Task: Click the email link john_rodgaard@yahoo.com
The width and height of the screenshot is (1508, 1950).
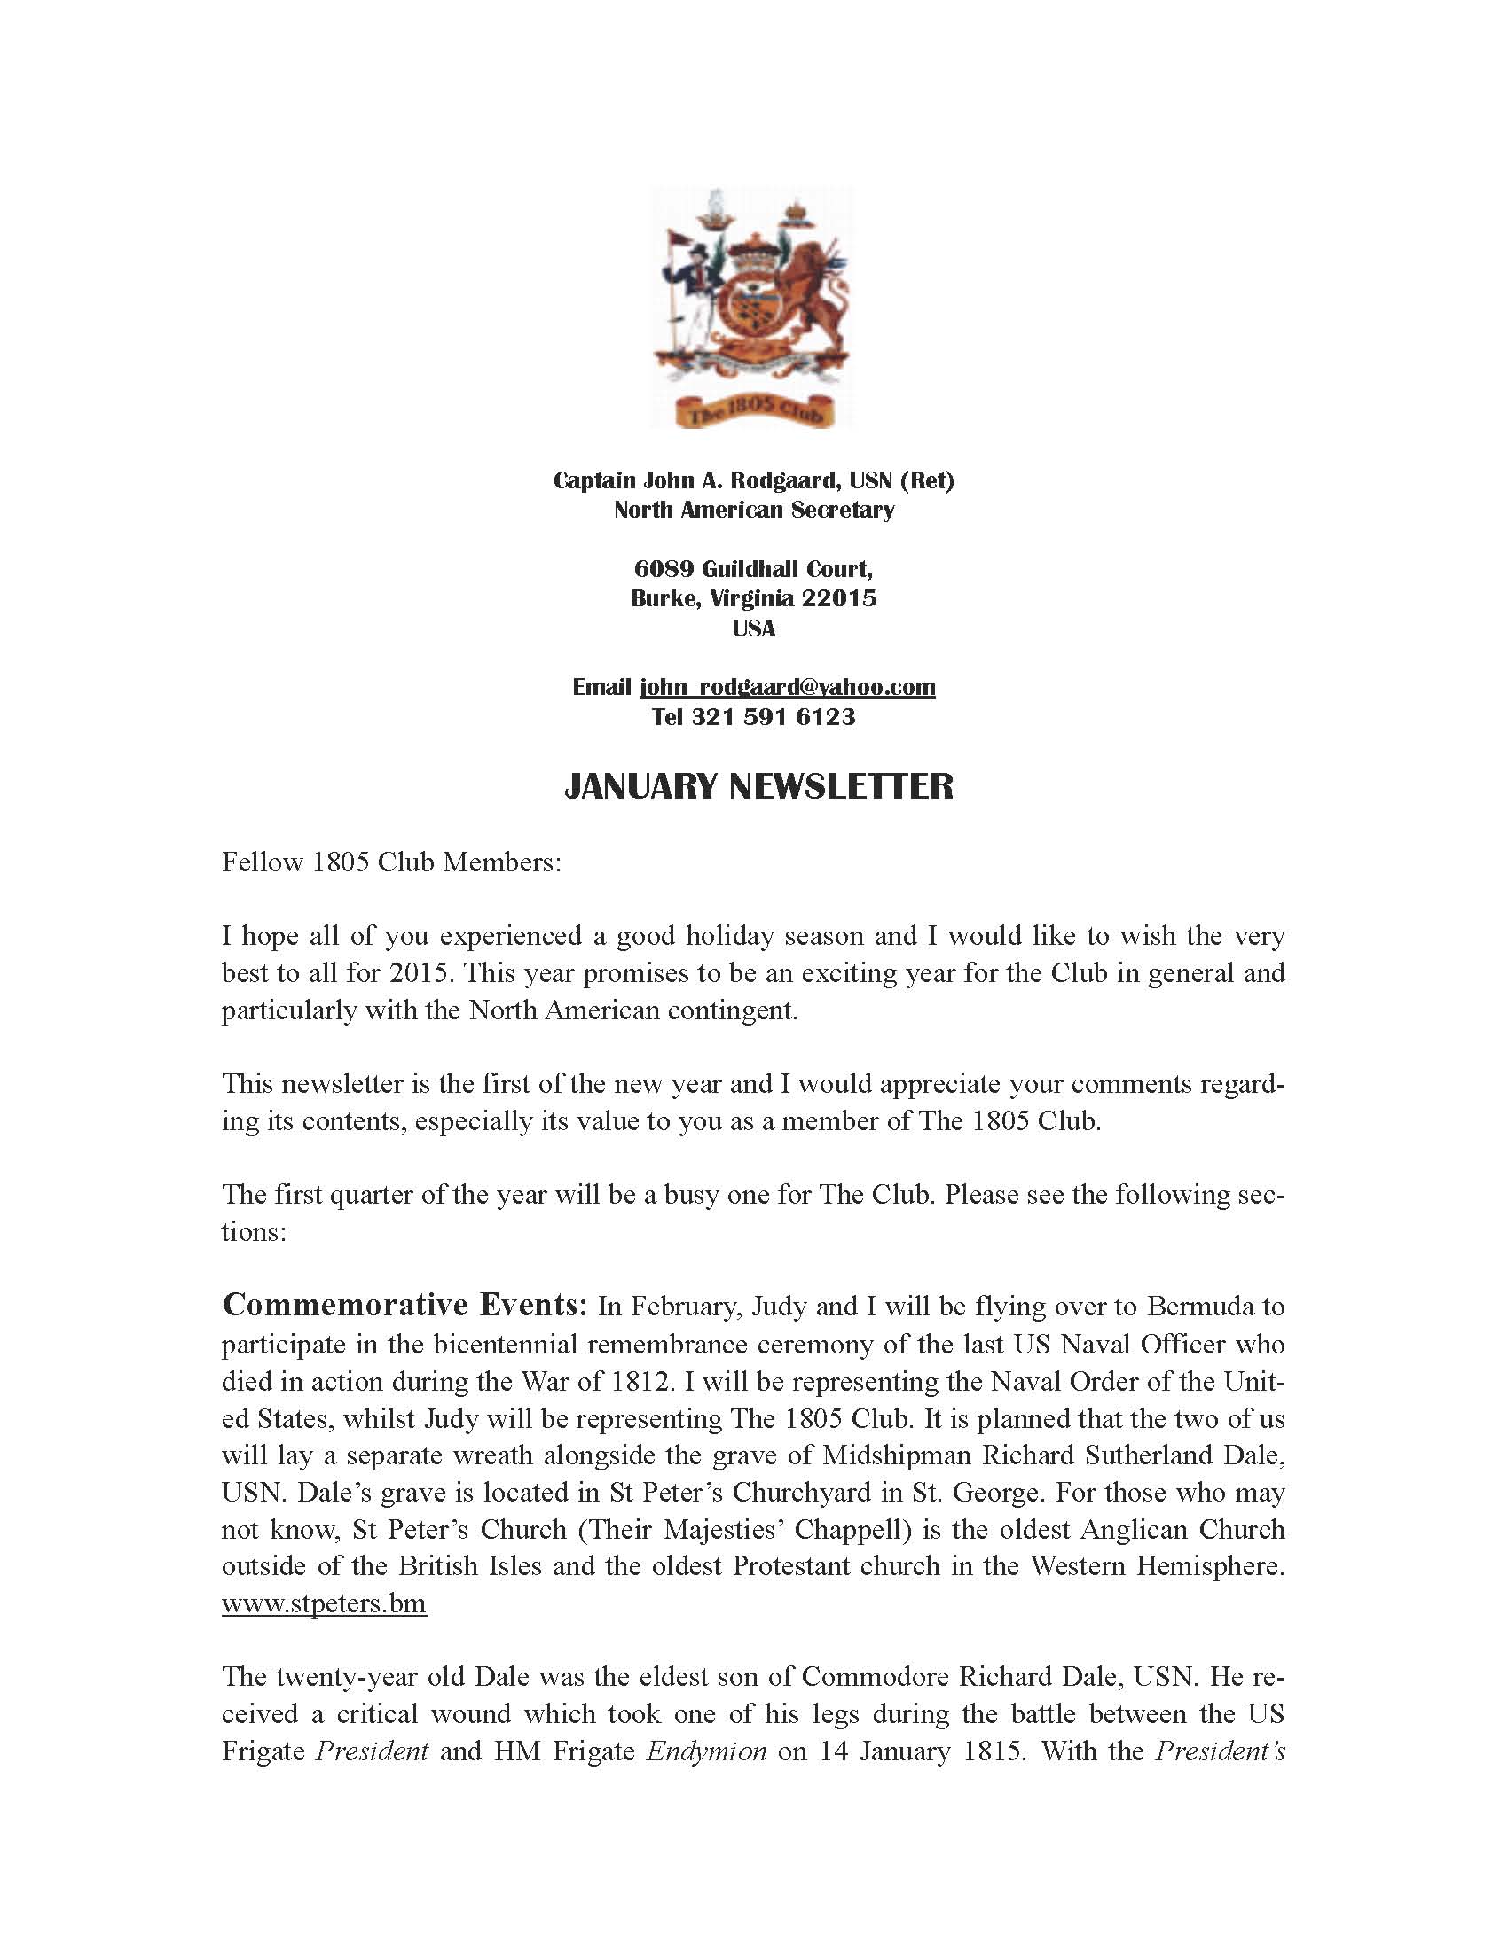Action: pos(787,687)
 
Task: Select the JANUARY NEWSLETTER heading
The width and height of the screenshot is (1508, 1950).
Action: pos(758,785)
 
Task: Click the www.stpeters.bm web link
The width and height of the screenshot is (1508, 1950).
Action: pos(324,1603)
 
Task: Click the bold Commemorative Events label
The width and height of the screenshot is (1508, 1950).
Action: pos(404,1306)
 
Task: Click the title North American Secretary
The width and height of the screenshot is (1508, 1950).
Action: pos(754,510)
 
